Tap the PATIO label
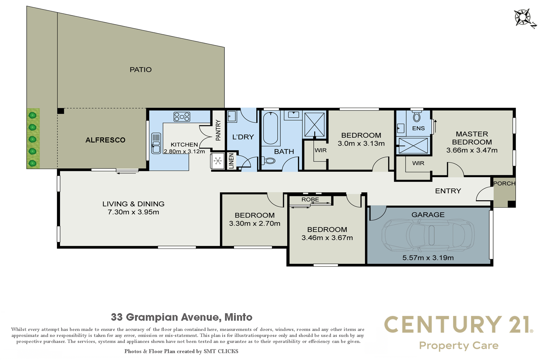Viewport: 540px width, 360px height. click(141, 70)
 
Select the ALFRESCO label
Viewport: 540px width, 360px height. click(105, 140)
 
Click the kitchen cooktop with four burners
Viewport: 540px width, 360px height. click(182, 116)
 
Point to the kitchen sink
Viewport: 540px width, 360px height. click(156, 143)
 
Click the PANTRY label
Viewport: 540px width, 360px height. click(218, 130)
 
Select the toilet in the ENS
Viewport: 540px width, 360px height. click(416, 116)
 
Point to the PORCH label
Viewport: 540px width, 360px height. click(504, 183)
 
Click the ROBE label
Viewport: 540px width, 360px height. click(310, 199)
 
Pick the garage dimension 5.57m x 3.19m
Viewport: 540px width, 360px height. click(428, 258)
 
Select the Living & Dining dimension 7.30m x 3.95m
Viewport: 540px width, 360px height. click(133, 212)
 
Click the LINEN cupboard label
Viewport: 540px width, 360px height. click(231, 161)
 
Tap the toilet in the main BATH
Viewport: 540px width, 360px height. click(268, 161)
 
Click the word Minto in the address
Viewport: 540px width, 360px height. click(238, 317)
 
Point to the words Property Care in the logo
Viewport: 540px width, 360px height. click(459, 346)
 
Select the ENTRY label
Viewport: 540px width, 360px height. click(448, 191)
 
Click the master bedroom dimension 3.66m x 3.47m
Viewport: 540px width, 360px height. click(472, 150)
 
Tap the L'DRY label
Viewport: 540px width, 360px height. click(243, 137)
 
